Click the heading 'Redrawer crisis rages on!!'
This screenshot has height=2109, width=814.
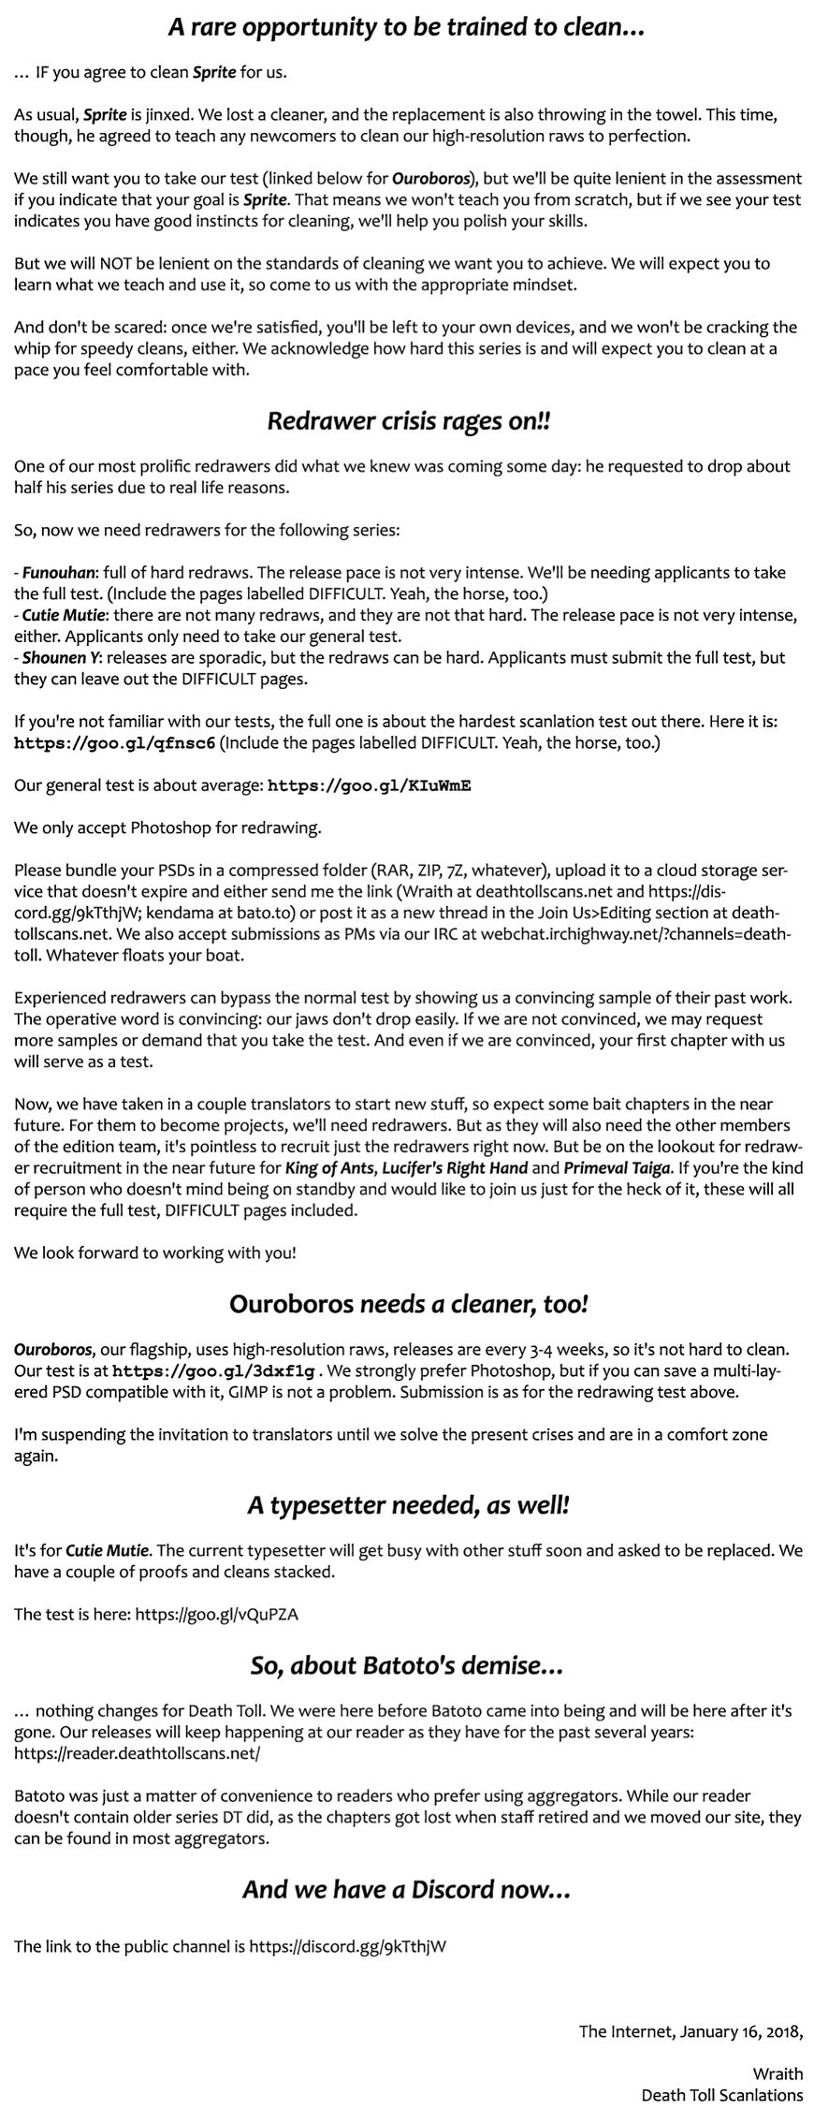click(409, 421)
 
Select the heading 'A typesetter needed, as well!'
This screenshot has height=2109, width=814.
click(408, 1505)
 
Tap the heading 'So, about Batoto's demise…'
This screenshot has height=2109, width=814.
click(407, 1665)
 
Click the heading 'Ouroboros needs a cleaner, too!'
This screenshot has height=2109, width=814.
click(408, 1303)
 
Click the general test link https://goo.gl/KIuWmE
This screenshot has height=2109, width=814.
click(369, 785)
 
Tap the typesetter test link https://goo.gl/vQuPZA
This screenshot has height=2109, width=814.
click(217, 1614)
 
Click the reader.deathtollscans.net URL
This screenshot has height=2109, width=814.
click(138, 1753)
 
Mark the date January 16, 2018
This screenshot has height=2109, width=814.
click(742, 2030)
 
